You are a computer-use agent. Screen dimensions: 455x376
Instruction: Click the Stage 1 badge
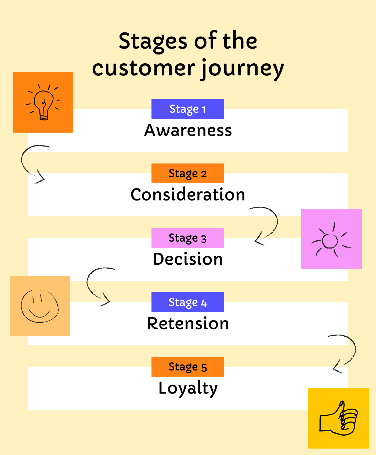(188, 109)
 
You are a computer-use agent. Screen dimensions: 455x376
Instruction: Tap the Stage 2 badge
(188, 173)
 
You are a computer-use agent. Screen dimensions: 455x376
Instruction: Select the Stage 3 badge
(188, 238)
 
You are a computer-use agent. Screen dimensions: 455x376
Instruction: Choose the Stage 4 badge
(188, 302)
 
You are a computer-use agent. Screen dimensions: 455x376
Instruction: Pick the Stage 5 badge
(188, 367)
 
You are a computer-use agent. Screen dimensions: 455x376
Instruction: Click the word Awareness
(188, 130)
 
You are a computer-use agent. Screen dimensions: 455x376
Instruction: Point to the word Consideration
(188, 195)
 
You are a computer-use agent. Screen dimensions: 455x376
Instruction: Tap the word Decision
(188, 259)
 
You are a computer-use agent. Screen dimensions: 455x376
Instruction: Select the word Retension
(188, 323)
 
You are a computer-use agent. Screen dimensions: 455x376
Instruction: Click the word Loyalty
(188, 388)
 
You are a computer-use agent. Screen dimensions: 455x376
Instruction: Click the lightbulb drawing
(43, 103)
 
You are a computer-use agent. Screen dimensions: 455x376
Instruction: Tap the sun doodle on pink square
(331, 240)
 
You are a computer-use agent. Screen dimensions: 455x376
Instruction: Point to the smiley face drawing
(40, 306)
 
